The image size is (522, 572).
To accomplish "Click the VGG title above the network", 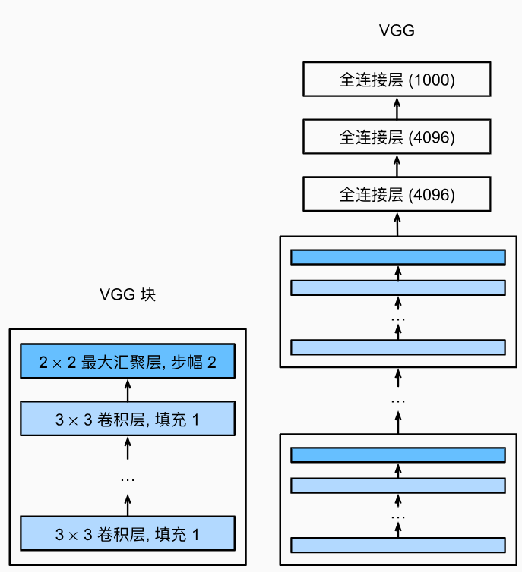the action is pos(397,30).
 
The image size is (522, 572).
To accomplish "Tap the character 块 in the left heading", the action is pos(148,294).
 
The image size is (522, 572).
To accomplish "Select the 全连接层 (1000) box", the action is pos(397,79).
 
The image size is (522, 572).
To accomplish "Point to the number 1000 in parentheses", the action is pos(432,80).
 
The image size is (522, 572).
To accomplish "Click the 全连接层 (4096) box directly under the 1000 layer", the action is pos(397,137).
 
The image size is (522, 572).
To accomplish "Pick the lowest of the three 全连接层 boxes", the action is pos(397,194).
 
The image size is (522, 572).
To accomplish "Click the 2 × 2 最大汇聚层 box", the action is pos(128,361).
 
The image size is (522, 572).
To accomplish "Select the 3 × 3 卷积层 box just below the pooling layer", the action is pos(128,419).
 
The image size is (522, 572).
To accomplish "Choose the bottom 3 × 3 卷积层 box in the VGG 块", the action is pos(128,533).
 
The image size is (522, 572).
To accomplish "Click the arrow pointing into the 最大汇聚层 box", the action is pos(128,390).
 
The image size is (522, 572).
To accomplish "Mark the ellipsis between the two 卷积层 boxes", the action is pos(128,479).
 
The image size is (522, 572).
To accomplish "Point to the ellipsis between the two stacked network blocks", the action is pos(398,401).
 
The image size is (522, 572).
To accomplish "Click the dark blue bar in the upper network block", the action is pos(398,257).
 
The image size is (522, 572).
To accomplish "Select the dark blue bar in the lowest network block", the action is pos(398,455).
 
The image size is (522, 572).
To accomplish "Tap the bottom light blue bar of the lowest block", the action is pos(398,545).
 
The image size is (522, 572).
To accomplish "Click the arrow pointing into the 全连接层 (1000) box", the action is pos(397,108).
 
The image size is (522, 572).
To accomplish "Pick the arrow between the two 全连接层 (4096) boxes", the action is pos(397,165).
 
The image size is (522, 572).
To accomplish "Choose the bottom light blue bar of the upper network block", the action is pos(398,347).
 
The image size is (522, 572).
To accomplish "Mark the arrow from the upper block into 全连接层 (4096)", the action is pos(397,224).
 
